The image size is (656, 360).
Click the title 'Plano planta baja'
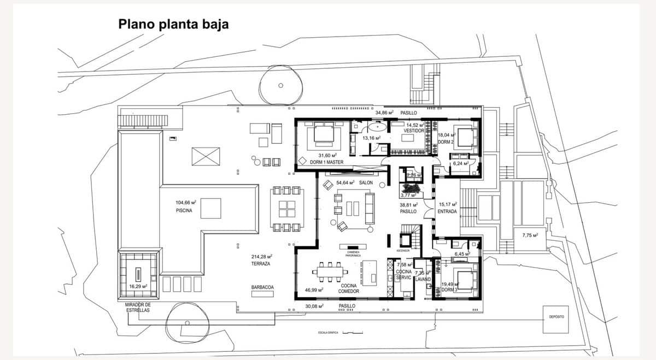pyautogui.click(x=173, y=24)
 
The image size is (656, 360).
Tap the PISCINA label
pyautogui.click(x=184, y=210)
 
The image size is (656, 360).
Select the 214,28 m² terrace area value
pyautogui.click(x=262, y=256)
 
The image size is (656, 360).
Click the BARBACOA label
pyautogui.click(x=262, y=287)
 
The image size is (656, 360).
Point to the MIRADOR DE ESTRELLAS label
pyautogui.click(x=137, y=307)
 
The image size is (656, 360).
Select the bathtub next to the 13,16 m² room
pyautogui.click(x=377, y=127)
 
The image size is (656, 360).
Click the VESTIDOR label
pyautogui.click(x=414, y=131)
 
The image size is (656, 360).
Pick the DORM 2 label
pyautogui.click(x=446, y=142)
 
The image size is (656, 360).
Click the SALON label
pyautogui.click(x=366, y=182)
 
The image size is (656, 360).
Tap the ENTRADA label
pyautogui.click(x=447, y=211)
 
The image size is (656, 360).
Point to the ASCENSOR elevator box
pyautogui.click(x=406, y=240)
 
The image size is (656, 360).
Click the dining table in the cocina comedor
pyautogui.click(x=330, y=271)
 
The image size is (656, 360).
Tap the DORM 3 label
pyautogui.click(x=448, y=290)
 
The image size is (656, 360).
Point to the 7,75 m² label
pyautogui.click(x=530, y=235)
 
